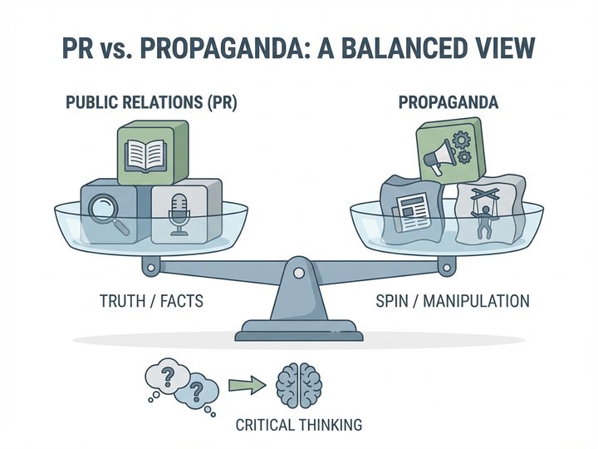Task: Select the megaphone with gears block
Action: (448, 150)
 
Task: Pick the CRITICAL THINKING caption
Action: (298, 425)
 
